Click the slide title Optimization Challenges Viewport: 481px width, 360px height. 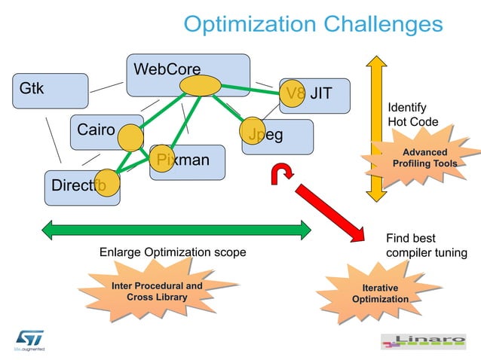pyautogui.click(x=313, y=24)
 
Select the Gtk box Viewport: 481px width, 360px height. pyautogui.click(x=50, y=90)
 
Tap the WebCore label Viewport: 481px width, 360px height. pyautogui.click(x=167, y=70)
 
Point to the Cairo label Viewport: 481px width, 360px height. pyautogui.click(x=96, y=130)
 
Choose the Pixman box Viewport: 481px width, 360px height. pyautogui.click(x=188, y=161)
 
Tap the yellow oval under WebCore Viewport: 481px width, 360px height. pyautogui.click(x=200, y=87)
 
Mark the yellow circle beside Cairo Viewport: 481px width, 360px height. pyautogui.click(x=130, y=139)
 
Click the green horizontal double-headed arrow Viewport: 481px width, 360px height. pyautogui.click(x=177, y=230)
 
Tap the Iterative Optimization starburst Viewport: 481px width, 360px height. pyautogui.click(x=379, y=294)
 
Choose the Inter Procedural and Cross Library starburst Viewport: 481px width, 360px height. pyautogui.click(x=156, y=292)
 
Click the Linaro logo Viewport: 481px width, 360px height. pyautogui.click(x=424, y=343)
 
